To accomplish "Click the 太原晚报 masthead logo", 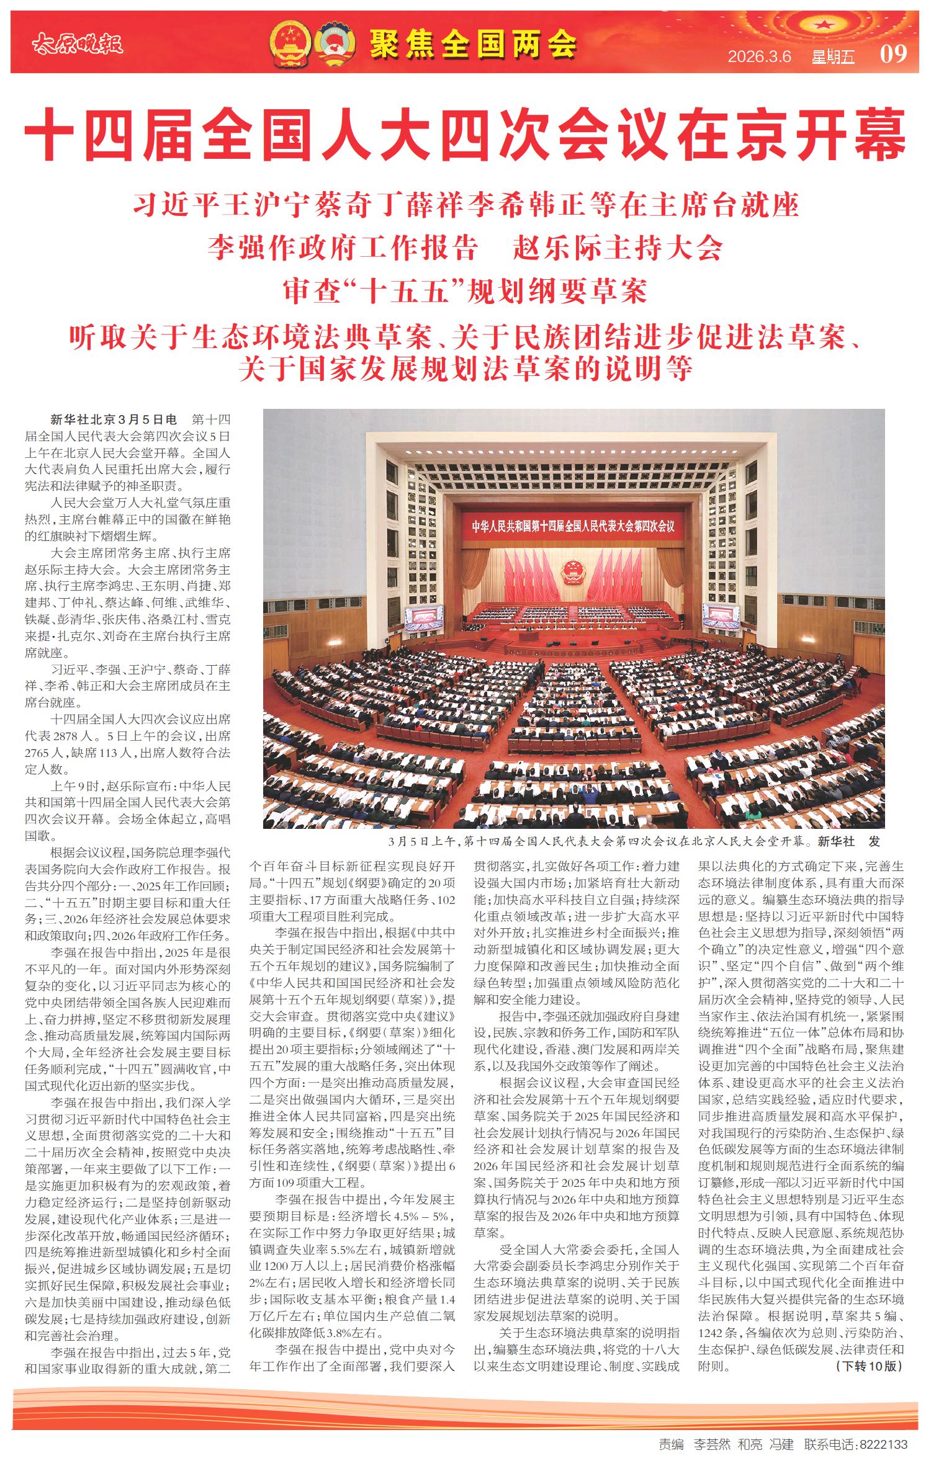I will [x=78, y=43].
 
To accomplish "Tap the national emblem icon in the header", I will [x=290, y=43].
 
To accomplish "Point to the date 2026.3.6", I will [x=759, y=56].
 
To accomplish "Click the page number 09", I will [x=893, y=54].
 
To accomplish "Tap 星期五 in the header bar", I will [x=833, y=57].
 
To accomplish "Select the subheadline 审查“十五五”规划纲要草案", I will [x=465, y=291].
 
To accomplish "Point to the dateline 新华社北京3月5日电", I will [x=114, y=420].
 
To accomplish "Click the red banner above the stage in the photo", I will [x=572, y=526].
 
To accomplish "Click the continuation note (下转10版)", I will [x=869, y=1366].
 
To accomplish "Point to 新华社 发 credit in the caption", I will [x=848, y=841].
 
